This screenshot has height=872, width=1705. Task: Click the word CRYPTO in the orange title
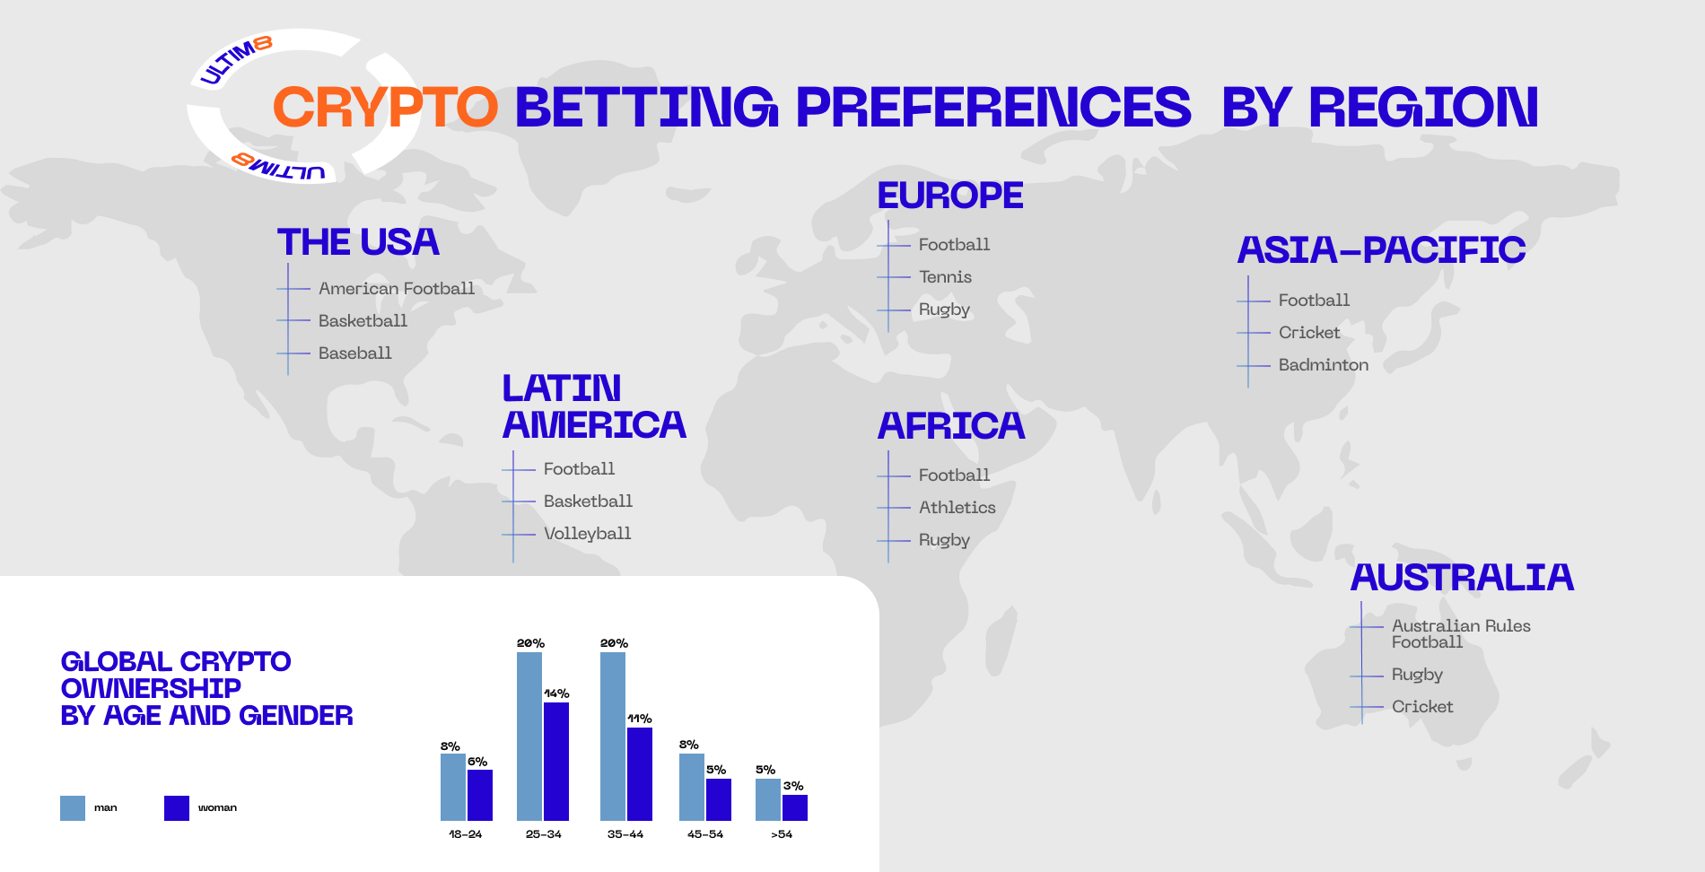click(x=385, y=107)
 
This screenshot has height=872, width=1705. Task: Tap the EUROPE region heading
click(x=950, y=196)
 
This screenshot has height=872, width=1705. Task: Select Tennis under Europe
click(x=945, y=277)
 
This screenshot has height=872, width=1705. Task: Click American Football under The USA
click(x=397, y=289)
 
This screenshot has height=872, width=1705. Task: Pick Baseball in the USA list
click(x=355, y=353)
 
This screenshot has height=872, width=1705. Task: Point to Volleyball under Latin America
click(x=588, y=534)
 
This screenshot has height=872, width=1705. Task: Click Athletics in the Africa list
click(x=957, y=508)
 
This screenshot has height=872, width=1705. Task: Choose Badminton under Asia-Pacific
click(x=1324, y=365)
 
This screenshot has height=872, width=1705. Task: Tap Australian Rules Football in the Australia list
click(x=1461, y=634)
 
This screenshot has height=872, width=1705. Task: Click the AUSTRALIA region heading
click(x=1462, y=578)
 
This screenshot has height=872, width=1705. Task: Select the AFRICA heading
click(x=951, y=426)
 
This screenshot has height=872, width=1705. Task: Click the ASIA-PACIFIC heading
click(x=1381, y=250)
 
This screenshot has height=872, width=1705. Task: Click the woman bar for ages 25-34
click(x=556, y=762)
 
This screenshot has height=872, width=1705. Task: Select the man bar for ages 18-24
click(x=453, y=788)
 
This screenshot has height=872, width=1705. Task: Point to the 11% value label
click(x=640, y=719)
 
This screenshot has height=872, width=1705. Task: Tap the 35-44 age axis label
click(x=625, y=834)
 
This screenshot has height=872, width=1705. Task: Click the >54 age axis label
click(x=782, y=834)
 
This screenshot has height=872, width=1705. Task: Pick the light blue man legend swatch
click(x=73, y=808)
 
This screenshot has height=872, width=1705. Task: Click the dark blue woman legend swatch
click(x=177, y=808)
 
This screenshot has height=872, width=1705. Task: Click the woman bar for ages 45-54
click(x=719, y=799)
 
